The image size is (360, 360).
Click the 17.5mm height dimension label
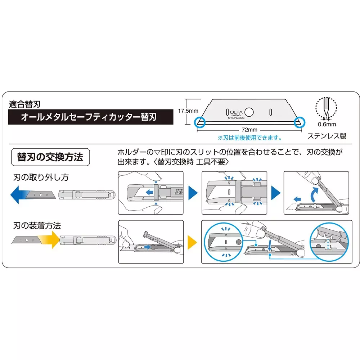186,111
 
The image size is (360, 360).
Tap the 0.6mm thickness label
327,125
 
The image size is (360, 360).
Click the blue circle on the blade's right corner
300,122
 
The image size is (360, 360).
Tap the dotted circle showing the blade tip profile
326,107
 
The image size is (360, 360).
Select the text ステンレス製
327,136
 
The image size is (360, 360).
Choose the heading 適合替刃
24,104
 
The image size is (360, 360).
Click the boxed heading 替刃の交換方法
50,157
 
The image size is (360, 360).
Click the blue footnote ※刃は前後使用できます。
249,138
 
